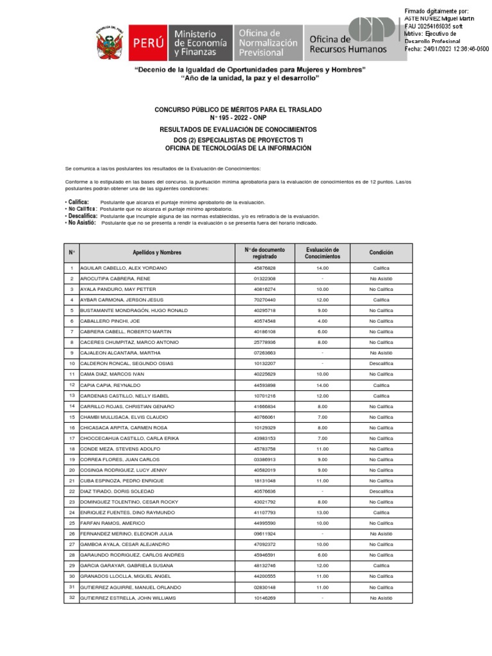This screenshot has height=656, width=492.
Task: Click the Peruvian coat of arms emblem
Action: pyautogui.click(x=110, y=43)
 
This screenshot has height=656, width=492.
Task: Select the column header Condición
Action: pyautogui.click(x=381, y=252)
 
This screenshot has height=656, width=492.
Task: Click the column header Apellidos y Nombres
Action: pyautogui.click(x=157, y=252)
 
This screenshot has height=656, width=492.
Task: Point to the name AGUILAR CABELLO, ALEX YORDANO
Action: pyautogui.click(x=123, y=268)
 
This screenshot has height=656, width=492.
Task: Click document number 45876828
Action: pyautogui.click(x=265, y=268)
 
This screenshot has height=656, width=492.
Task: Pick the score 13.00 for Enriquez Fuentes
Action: pyautogui.click(x=322, y=512)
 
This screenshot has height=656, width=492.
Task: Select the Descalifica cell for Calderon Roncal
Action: pyautogui.click(x=381, y=363)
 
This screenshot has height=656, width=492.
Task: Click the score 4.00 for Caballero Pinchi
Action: pyautogui.click(x=322, y=321)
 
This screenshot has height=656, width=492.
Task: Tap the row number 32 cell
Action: pyautogui.click(x=72, y=598)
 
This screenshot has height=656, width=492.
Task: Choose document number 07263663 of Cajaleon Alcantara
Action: pyautogui.click(x=265, y=353)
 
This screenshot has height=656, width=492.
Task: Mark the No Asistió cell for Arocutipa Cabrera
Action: pyautogui.click(x=381, y=279)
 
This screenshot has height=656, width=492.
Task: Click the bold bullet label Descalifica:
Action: pyautogui.click(x=82, y=216)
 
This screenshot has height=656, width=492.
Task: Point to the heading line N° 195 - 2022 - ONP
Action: pyautogui.click(x=238, y=118)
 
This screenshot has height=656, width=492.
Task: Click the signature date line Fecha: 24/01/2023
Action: pyautogui.click(x=447, y=49)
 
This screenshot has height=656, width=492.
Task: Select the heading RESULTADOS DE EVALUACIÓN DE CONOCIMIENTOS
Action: pyautogui.click(x=238, y=129)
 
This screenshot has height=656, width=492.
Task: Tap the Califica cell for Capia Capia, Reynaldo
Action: pyautogui.click(x=381, y=385)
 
